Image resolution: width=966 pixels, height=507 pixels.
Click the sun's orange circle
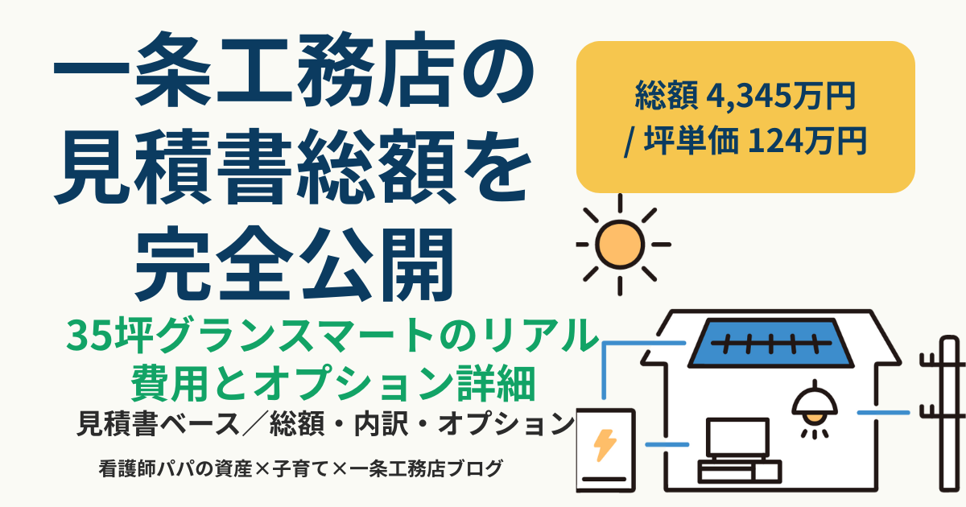(620, 245)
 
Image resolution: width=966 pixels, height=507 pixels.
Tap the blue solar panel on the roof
(770, 343)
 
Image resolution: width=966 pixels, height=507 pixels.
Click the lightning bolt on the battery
(605, 445)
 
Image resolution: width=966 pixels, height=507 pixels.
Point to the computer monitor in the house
(737, 439)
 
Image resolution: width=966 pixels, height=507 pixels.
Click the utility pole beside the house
(948, 414)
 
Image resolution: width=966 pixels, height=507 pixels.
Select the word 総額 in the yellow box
(667, 96)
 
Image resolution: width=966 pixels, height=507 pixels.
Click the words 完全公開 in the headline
(295, 263)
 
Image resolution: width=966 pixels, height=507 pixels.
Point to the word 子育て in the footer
(301, 468)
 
